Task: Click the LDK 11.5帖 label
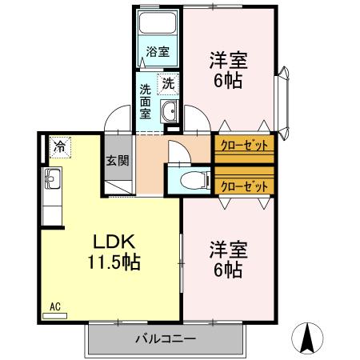point(109,250)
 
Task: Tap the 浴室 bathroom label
point(157,52)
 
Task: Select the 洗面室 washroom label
point(146,101)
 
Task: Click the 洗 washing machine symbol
point(168,82)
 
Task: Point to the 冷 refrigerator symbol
point(59,146)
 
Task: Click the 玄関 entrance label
point(117,159)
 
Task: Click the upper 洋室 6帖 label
point(228,70)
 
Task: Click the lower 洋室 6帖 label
point(228,258)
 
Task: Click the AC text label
point(55,306)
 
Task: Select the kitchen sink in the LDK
point(51,177)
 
